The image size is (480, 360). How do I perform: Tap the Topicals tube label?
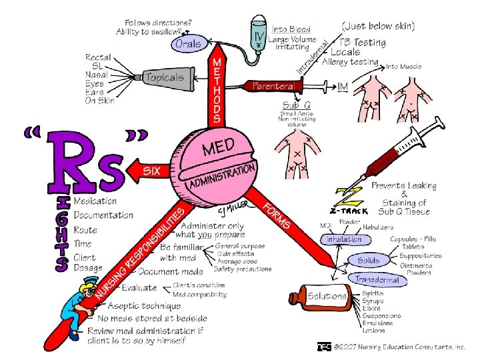[164, 77]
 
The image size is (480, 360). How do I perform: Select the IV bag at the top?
[259, 31]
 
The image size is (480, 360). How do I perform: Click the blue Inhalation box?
[345, 239]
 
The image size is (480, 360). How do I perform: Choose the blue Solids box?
[369, 260]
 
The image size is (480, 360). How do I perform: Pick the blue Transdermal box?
[380, 280]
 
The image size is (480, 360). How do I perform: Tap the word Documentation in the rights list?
[103, 215]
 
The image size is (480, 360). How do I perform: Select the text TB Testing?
[360, 41]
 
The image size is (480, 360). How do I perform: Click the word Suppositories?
[421, 255]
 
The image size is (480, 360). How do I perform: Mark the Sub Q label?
[295, 105]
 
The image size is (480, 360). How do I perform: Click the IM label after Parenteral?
[343, 87]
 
